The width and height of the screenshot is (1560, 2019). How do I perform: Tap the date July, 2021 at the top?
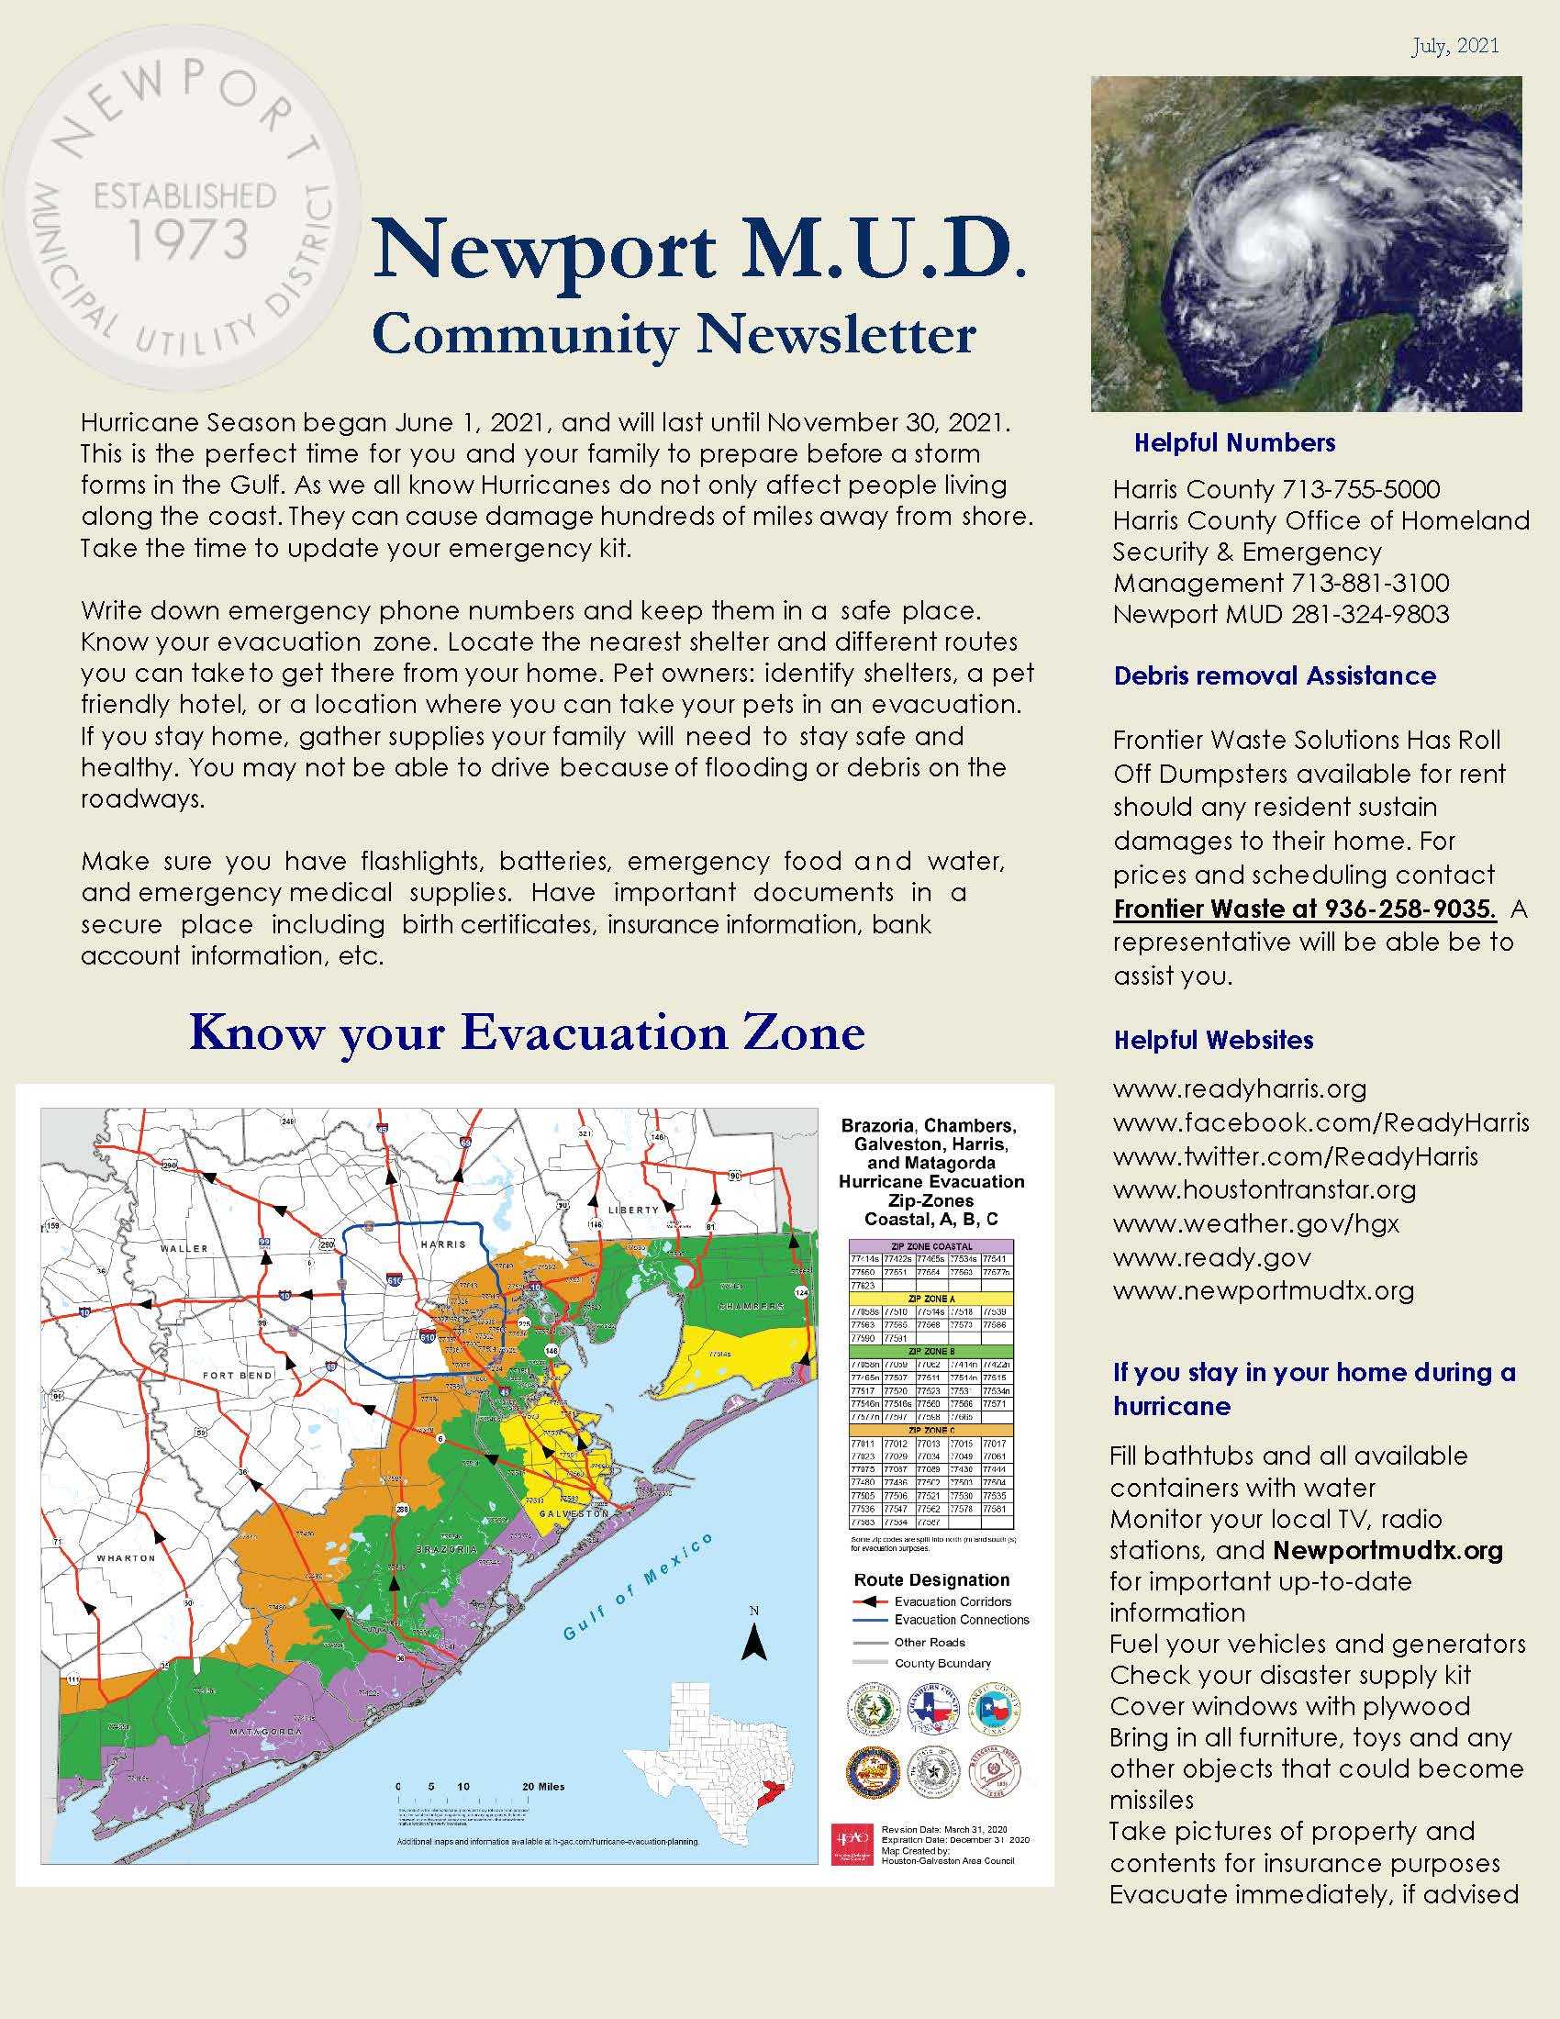click(1454, 46)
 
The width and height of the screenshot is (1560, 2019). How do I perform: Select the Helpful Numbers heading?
click(1233, 443)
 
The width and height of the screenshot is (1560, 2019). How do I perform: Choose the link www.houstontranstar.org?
click(1264, 1188)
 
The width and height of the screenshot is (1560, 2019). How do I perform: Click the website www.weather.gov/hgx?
click(1255, 1223)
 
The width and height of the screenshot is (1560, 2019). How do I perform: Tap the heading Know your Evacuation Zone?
click(527, 1033)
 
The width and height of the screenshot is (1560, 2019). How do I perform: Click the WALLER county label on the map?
click(184, 1248)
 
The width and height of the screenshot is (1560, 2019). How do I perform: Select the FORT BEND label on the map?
click(238, 1376)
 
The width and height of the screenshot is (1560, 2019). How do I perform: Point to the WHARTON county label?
click(127, 1557)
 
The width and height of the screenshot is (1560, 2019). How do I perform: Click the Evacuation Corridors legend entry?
click(952, 1601)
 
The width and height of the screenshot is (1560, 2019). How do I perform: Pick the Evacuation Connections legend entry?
click(961, 1620)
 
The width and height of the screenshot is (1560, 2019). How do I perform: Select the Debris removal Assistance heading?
click(1275, 675)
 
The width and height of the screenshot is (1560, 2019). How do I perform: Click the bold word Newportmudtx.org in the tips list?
click(1387, 1550)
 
